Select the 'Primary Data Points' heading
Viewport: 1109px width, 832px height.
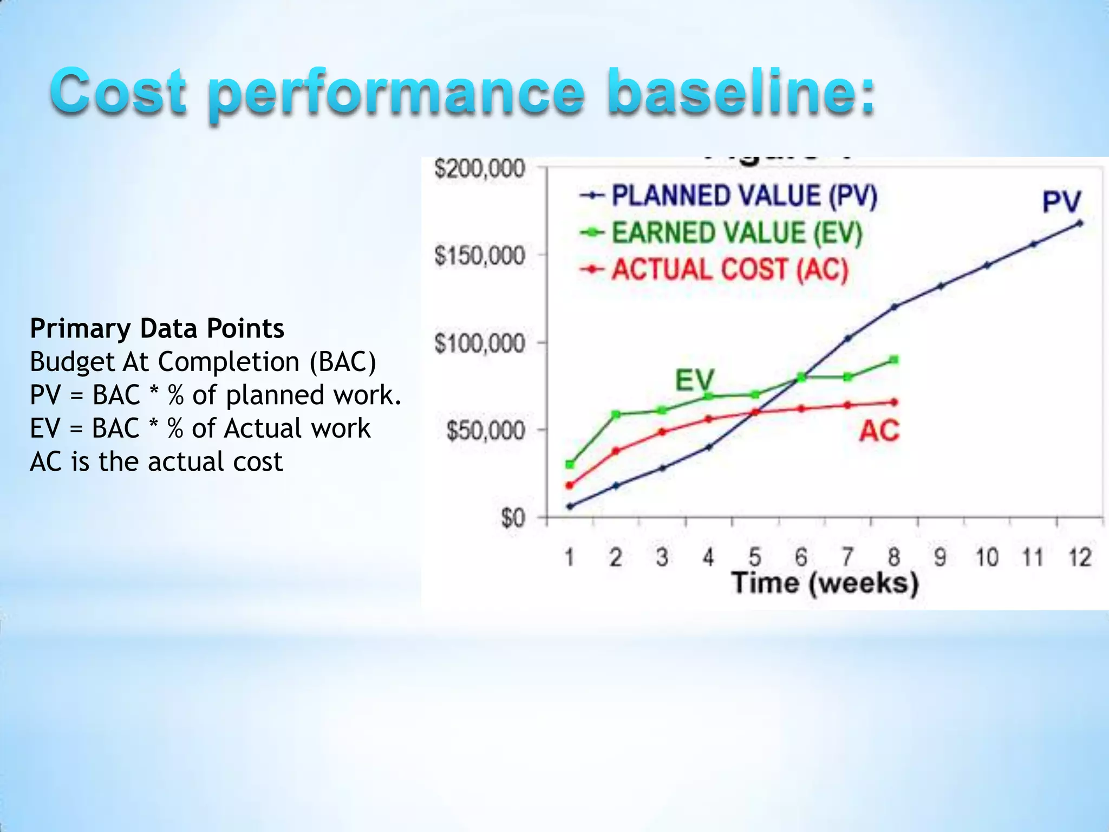157,328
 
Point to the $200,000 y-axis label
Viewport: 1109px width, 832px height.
480,168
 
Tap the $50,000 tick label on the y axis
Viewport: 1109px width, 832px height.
486,431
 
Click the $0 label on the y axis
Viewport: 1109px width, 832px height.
513,518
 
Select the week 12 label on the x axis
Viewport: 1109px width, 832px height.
1080,557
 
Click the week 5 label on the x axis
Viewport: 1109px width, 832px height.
755,557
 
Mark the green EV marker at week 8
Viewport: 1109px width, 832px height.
894,360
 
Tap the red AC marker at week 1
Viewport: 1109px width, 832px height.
570,485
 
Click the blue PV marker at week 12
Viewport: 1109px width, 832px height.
1080,223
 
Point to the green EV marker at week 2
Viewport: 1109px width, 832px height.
616,414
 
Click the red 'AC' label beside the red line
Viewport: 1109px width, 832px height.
879,431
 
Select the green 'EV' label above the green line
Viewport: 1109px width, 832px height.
695,380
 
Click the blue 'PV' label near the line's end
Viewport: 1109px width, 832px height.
1061,202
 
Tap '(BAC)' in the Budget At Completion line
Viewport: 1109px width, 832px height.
343,362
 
